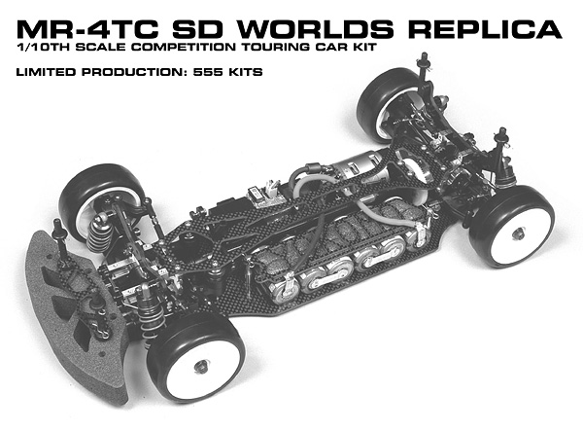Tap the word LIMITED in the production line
[42, 72]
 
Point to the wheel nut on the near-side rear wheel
[524, 233]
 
